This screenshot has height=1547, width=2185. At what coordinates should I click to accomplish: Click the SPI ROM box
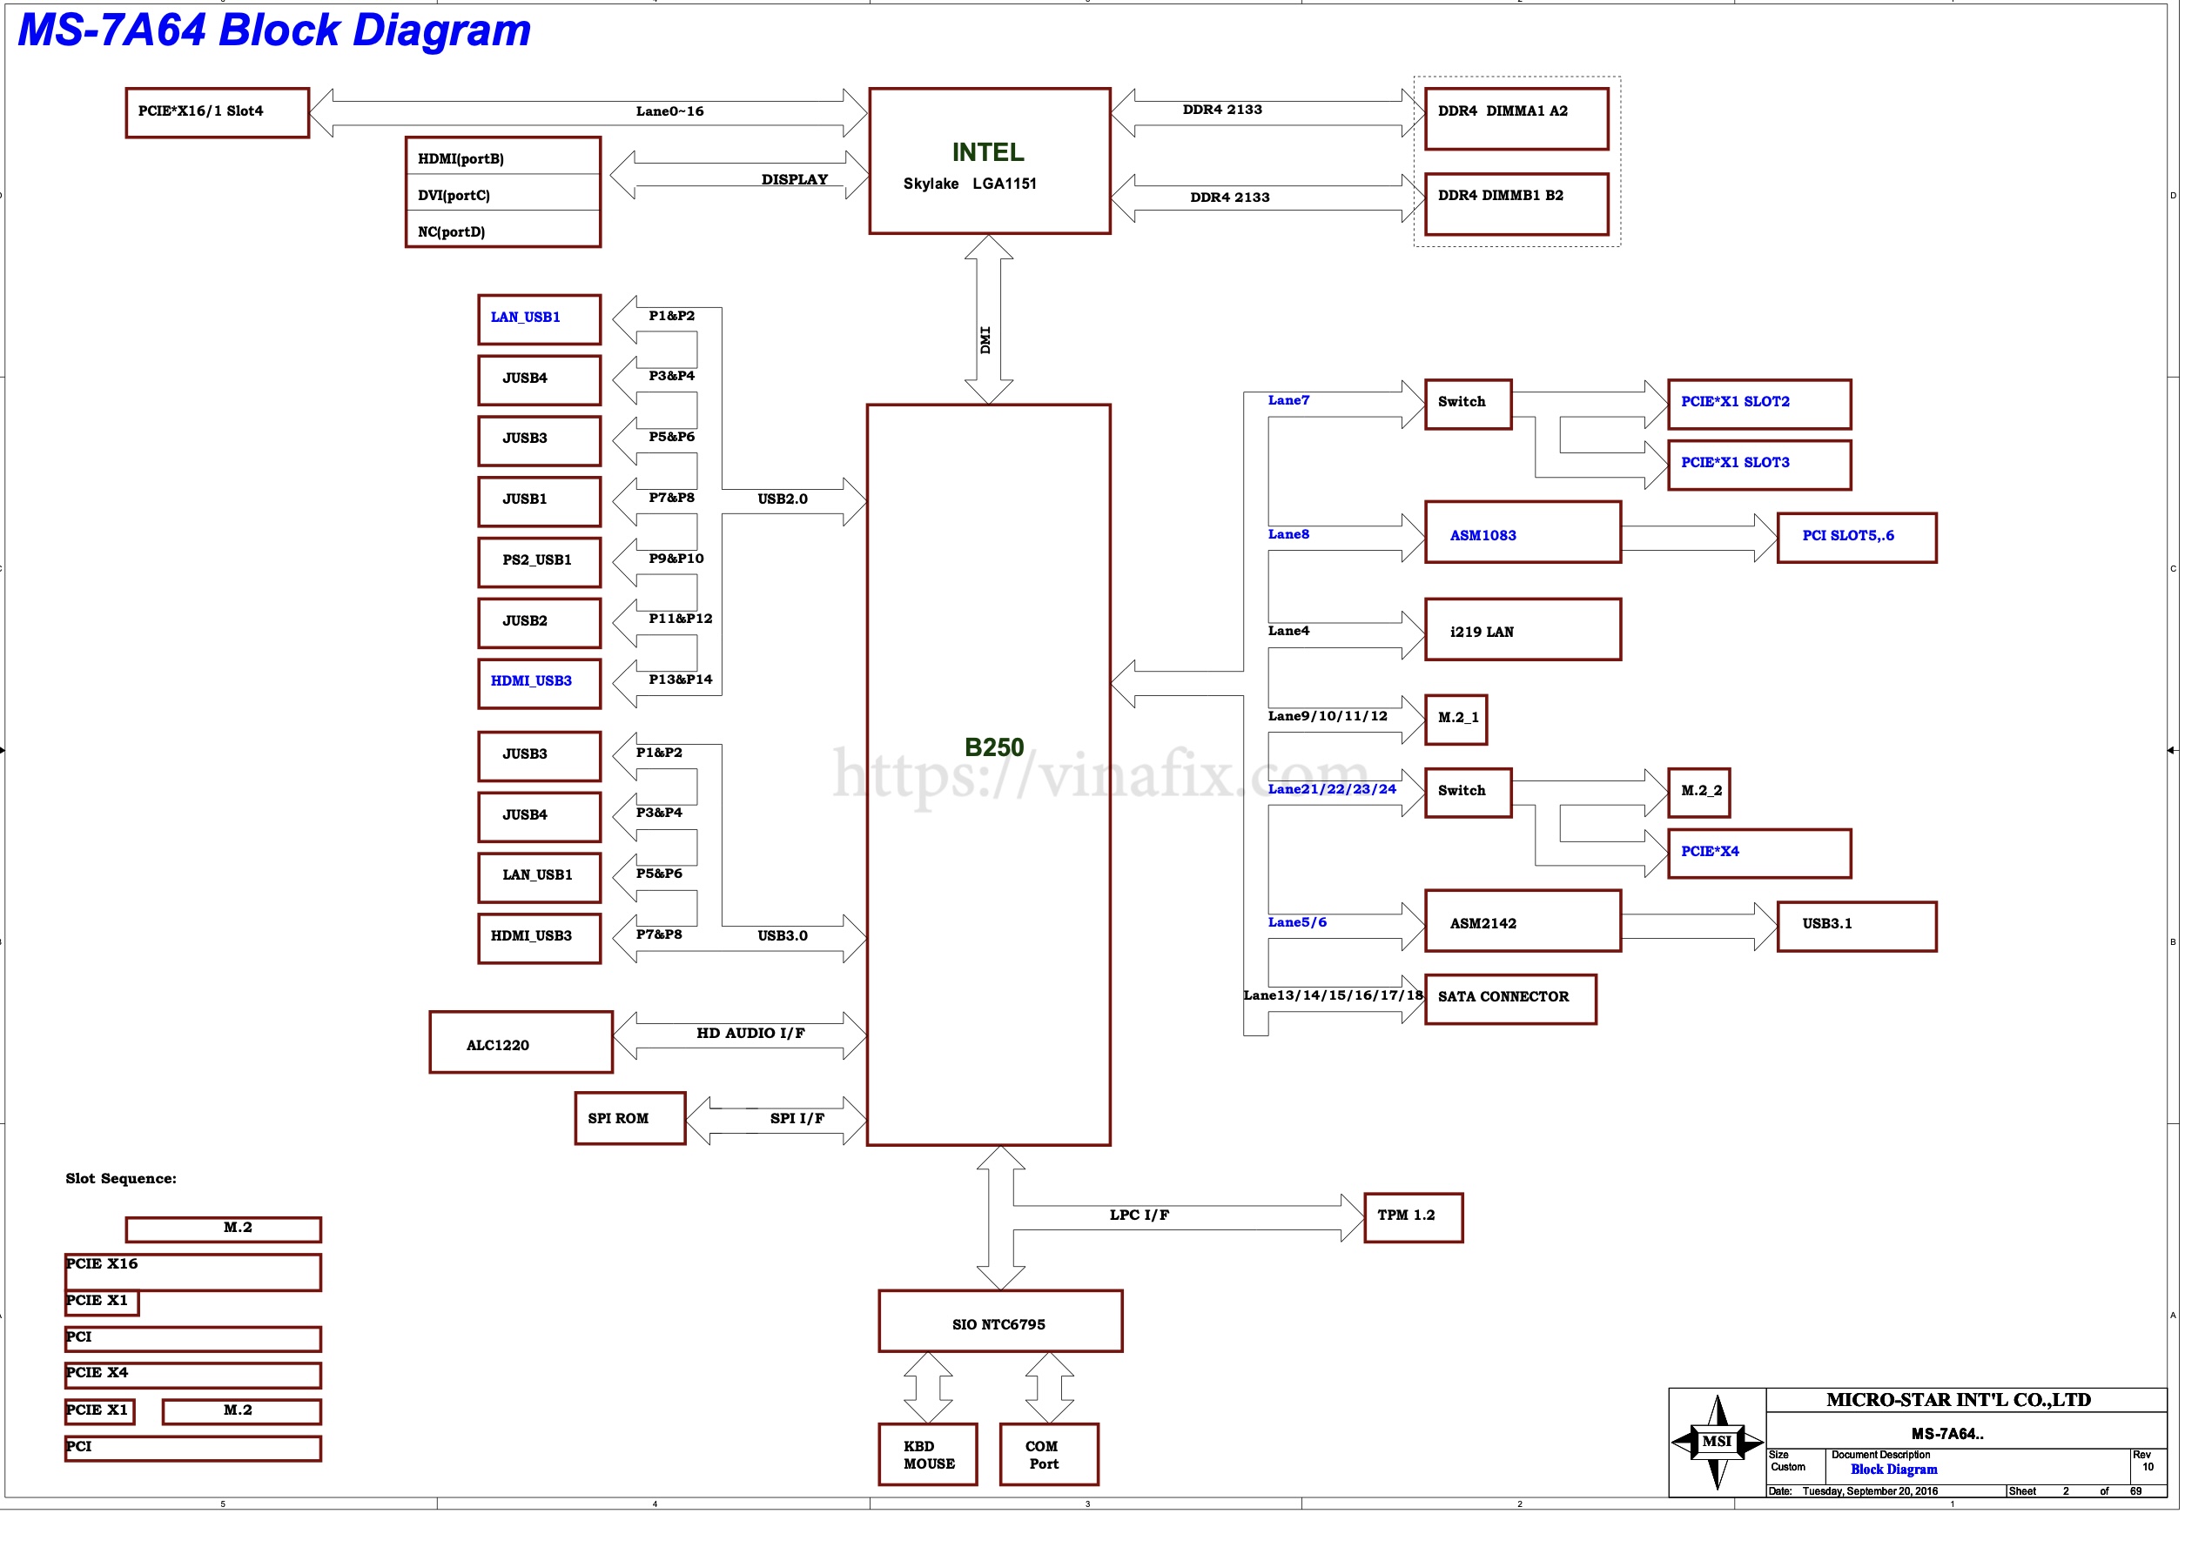pyautogui.click(x=630, y=1118)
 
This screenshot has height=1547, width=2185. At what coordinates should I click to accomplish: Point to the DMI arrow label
pyautogui.click(x=985, y=340)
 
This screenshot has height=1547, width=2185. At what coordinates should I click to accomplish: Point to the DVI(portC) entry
pyautogui.click(x=502, y=195)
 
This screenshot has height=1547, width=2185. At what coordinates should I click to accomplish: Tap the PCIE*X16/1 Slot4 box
pyautogui.click(x=218, y=112)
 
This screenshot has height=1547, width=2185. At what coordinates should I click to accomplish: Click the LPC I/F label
pyautogui.click(x=1139, y=1215)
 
